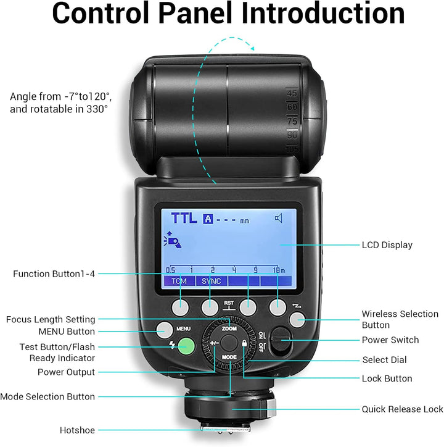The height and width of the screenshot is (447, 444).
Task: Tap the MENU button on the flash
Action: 164,330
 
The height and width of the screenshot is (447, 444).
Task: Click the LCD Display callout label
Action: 387,245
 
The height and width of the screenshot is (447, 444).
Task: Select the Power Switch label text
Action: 390,340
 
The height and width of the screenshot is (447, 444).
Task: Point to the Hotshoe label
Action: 78,430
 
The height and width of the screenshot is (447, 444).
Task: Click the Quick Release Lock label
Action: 402,409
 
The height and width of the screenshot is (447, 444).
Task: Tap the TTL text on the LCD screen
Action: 184,218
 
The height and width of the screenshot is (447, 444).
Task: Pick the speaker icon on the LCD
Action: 279,218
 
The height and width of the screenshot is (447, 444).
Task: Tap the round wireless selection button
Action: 297,319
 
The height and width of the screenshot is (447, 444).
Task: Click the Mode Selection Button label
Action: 47,396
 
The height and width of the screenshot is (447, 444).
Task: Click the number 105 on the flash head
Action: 292,148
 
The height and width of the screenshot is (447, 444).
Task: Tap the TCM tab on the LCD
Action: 179,281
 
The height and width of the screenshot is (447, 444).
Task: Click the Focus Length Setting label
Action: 51,319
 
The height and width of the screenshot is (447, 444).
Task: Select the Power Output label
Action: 66,372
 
